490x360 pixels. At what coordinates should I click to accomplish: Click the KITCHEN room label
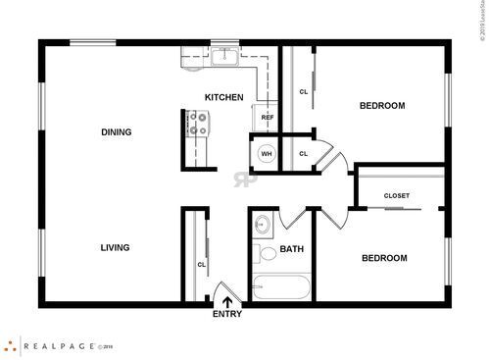pyautogui.click(x=223, y=97)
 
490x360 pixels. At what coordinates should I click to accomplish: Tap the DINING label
pyautogui.click(x=116, y=131)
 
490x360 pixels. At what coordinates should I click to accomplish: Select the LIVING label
pyautogui.click(x=115, y=247)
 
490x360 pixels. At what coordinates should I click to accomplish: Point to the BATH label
pyautogui.click(x=292, y=249)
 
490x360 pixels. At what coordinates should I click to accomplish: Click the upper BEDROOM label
pyautogui.click(x=382, y=105)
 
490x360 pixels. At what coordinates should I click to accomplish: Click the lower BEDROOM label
pyautogui.click(x=384, y=258)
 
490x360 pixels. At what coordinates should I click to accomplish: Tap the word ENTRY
pyautogui.click(x=227, y=314)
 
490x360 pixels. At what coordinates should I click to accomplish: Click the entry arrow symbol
pyautogui.click(x=227, y=302)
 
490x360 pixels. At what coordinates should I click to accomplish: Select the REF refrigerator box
pyautogui.click(x=267, y=117)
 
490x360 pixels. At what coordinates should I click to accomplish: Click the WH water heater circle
pyautogui.click(x=266, y=154)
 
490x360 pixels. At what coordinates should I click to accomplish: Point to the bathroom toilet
pyautogui.click(x=267, y=254)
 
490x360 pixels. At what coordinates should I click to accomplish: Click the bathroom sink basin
pyautogui.click(x=261, y=226)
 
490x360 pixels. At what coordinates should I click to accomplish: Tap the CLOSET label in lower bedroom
pyautogui.click(x=397, y=195)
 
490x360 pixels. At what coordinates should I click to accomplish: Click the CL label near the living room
pyautogui.click(x=201, y=264)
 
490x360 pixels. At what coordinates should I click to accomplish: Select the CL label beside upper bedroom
pyautogui.click(x=303, y=91)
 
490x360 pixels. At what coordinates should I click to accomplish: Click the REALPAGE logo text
pyautogui.click(x=58, y=345)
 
